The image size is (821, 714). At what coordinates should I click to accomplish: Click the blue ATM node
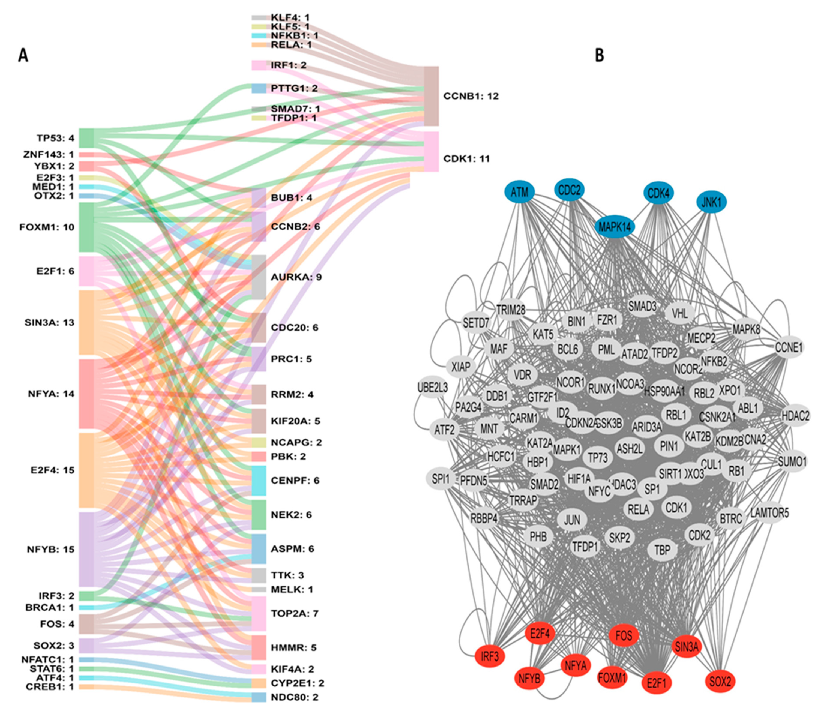click(x=519, y=193)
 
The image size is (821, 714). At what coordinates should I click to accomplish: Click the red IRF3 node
click(x=489, y=656)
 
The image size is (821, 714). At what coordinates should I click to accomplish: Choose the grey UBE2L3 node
click(x=432, y=387)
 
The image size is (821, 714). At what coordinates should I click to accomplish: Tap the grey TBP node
click(x=662, y=550)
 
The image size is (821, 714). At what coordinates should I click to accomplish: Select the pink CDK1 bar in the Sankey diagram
click(x=431, y=152)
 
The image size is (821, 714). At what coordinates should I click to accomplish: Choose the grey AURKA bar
click(x=259, y=277)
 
